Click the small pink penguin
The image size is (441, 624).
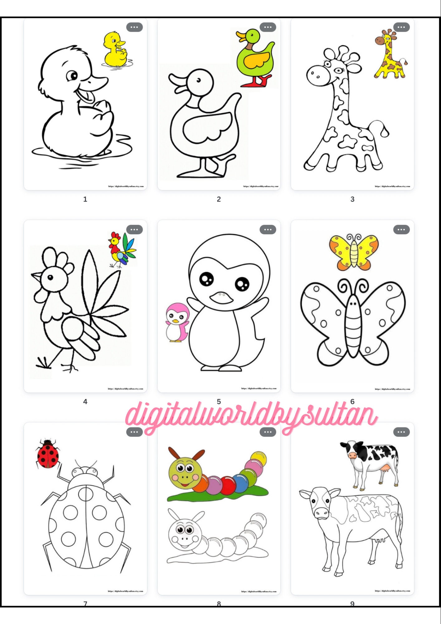point(177,322)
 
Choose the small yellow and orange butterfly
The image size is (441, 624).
point(354,252)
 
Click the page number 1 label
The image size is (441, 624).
point(85,199)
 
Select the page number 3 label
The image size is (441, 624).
point(352,199)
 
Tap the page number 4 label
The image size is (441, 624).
point(85,402)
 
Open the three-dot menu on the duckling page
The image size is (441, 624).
point(134,27)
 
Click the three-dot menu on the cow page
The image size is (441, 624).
point(401,432)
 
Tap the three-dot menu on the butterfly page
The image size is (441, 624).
point(401,230)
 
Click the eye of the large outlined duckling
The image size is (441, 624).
point(73,76)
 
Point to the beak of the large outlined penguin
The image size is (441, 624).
point(221,298)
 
